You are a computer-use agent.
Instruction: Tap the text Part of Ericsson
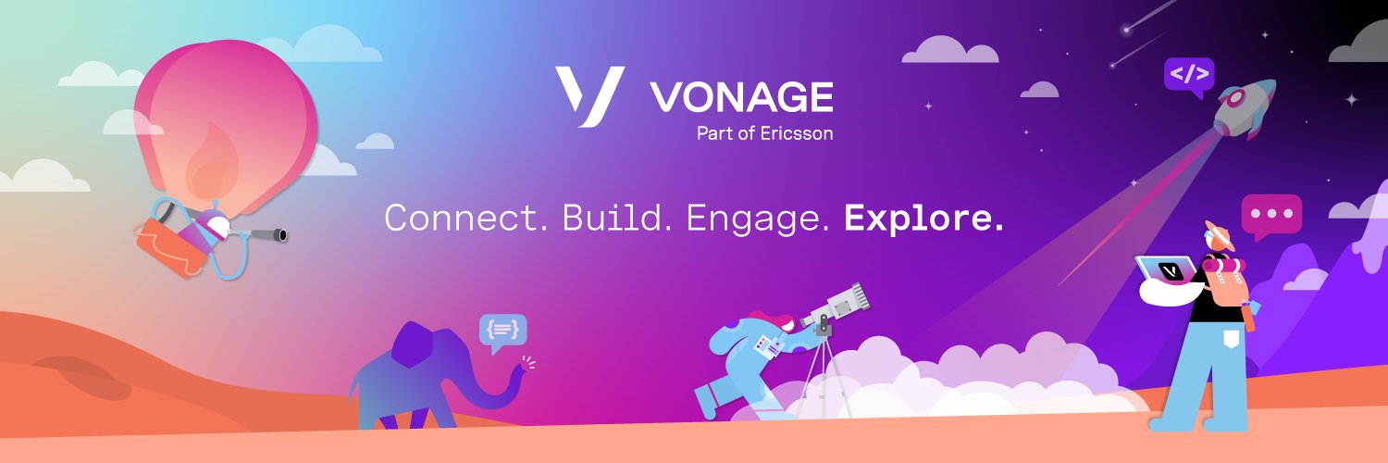(x=764, y=133)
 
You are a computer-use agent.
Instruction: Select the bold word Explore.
(x=923, y=219)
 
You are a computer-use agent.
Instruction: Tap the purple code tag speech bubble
(x=1188, y=75)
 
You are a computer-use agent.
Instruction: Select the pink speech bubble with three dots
(x=1270, y=214)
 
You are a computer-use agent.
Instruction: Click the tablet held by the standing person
(x=1171, y=269)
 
